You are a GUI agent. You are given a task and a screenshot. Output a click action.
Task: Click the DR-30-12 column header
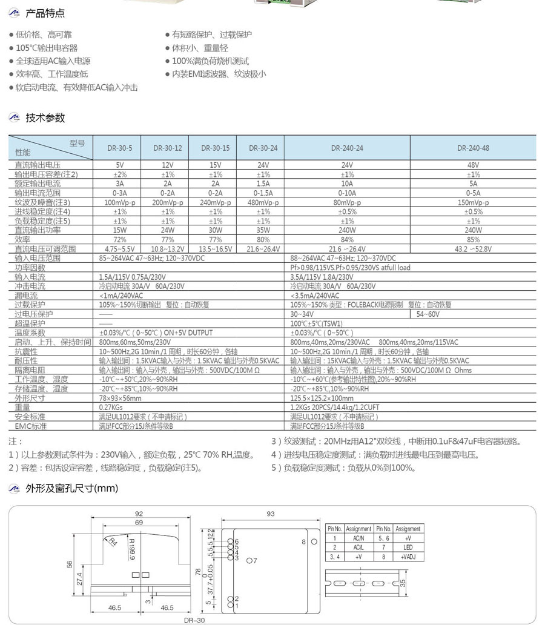click(x=167, y=147)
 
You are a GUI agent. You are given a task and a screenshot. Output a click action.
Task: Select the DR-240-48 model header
click(x=473, y=147)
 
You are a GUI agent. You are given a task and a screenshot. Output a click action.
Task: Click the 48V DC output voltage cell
click(x=473, y=165)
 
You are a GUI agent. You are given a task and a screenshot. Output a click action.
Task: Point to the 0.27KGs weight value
click(x=111, y=408)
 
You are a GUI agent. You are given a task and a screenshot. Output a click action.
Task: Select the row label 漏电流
click(x=26, y=296)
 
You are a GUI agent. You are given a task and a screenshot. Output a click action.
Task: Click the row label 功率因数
click(x=30, y=267)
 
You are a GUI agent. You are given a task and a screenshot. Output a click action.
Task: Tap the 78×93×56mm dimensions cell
click(x=120, y=399)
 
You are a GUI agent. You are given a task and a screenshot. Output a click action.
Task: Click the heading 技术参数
click(x=45, y=118)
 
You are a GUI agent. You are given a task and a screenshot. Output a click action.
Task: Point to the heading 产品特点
click(x=45, y=13)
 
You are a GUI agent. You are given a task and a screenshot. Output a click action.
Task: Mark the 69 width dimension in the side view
click(x=139, y=523)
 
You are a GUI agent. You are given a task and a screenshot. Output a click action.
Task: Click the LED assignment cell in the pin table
click(x=408, y=547)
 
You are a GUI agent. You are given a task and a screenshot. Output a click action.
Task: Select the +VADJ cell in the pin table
click(x=408, y=556)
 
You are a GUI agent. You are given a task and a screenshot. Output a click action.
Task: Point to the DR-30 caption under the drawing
click(x=194, y=620)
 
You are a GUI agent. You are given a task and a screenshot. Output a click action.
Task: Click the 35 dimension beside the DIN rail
click(x=402, y=581)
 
